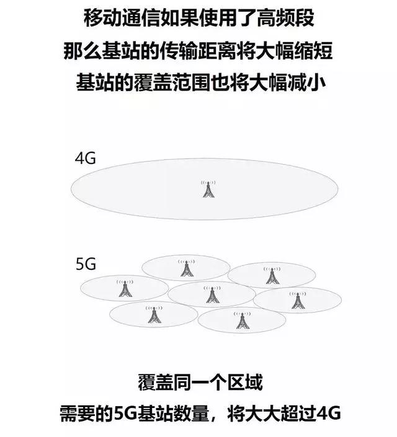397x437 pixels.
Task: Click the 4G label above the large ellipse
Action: pyautogui.click(x=86, y=158)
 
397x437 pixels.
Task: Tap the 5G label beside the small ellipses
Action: pyautogui.click(x=86, y=264)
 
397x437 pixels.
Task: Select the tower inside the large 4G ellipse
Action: pyautogui.click(x=208, y=189)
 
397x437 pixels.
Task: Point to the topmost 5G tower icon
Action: pyautogui.click(x=186, y=268)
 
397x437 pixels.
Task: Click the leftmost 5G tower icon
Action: pyautogui.click(x=125, y=288)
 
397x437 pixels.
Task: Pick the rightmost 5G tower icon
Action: pyautogui.click(x=298, y=300)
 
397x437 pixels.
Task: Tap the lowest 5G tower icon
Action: pyautogui.click(x=242, y=321)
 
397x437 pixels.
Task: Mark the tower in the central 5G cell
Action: pyautogui.click(x=212, y=295)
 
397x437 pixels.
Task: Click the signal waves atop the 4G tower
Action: pyautogui.click(x=208, y=183)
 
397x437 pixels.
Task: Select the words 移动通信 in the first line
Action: pyautogui.click(x=122, y=19)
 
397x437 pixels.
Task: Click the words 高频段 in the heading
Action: pyautogui.click(x=285, y=19)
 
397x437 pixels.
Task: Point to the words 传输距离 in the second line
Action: pyautogui.click(x=198, y=51)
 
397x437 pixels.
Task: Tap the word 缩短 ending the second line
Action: pyautogui.click(x=314, y=51)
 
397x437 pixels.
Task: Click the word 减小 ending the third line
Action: pyautogui.click(x=307, y=83)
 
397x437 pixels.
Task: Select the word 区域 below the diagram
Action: pyautogui.click(x=245, y=383)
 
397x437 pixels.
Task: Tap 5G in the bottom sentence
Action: pyautogui.click(x=125, y=413)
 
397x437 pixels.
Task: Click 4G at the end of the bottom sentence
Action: pyautogui.click(x=329, y=413)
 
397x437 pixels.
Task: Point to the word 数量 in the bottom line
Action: pyautogui.click(x=192, y=413)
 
